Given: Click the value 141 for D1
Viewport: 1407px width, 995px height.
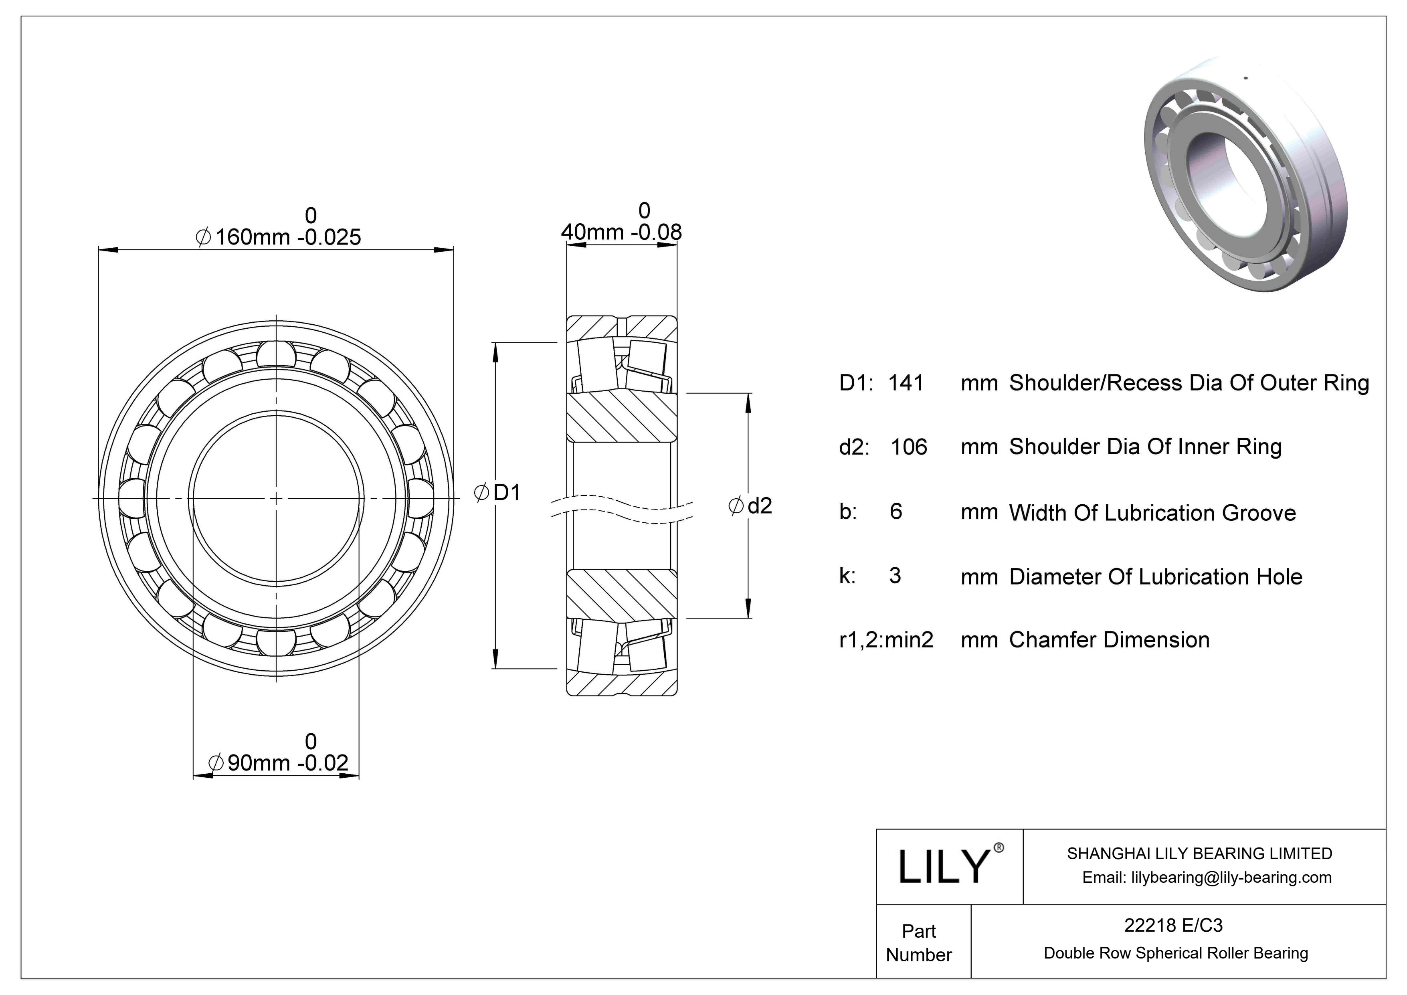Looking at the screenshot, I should click(906, 383).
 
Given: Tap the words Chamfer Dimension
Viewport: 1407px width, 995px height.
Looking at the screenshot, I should click(1109, 640).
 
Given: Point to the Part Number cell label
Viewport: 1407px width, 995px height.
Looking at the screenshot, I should click(919, 942).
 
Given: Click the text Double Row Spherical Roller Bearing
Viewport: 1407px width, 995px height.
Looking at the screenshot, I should click(1175, 953).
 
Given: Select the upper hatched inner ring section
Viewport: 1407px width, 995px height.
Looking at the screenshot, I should click(621, 417).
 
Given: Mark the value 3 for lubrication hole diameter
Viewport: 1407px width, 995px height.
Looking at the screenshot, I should click(895, 576).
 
